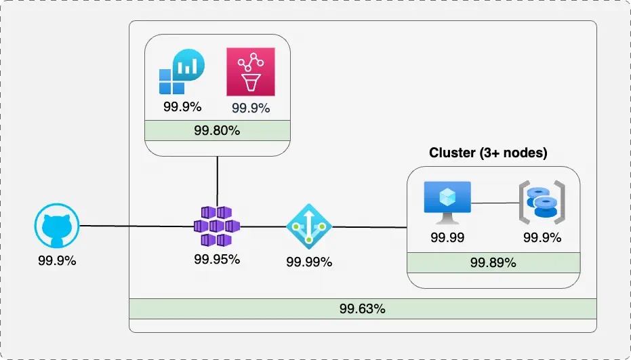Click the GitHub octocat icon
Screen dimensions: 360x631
[57, 226]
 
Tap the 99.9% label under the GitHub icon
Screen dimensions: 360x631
[57, 260]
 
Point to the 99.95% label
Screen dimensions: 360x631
[217, 259]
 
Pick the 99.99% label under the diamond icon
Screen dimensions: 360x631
[309, 262]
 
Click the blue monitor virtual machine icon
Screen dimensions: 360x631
[447, 202]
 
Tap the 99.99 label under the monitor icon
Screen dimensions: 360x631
[447, 237]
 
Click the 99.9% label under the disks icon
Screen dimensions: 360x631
[542, 237]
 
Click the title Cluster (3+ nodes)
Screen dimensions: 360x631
[488, 153]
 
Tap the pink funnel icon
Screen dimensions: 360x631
[250, 71]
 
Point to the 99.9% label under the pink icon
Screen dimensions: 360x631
[251, 108]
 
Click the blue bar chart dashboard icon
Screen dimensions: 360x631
[182, 72]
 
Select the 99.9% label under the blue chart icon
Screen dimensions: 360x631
[182, 106]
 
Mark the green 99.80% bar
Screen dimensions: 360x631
[217, 130]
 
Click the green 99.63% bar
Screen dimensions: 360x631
[363, 308]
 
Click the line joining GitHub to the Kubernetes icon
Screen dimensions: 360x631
[136, 226]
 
